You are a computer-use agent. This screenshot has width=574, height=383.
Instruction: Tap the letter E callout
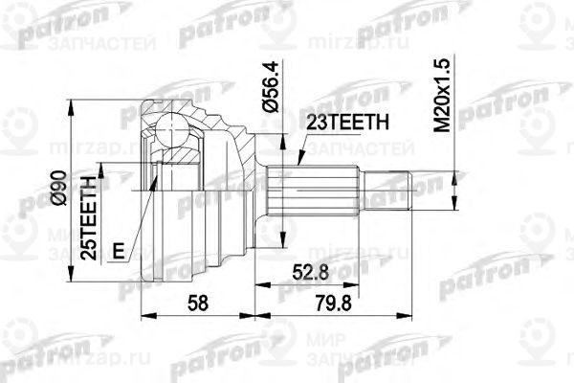click(x=117, y=250)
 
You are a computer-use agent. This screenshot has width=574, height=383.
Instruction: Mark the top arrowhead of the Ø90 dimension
click(x=71, y=103)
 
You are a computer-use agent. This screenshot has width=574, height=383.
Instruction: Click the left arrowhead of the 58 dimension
click(x=144, y=313)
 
